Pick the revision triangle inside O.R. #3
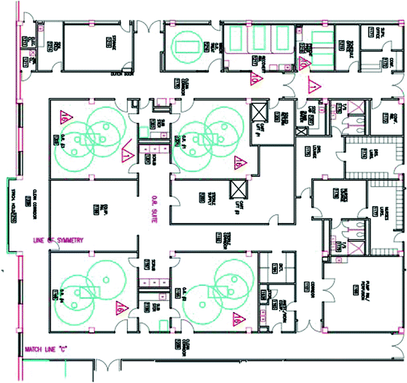tap(64, 115)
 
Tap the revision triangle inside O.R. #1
tap(237, 162)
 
